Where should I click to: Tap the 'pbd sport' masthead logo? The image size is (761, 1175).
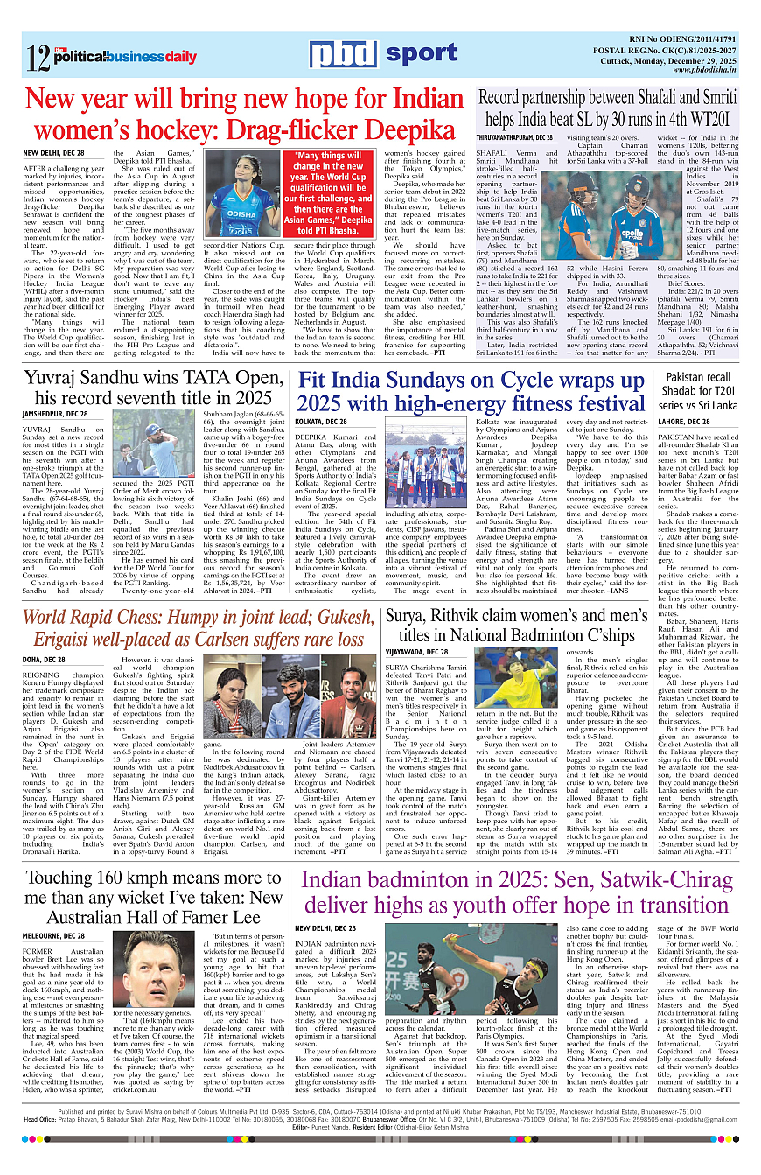click(x=383, y=55)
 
